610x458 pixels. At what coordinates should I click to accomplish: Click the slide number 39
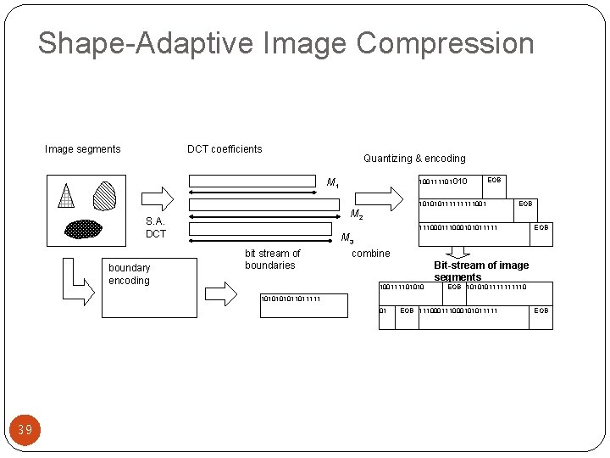pyautogui.click(x=25, y=430)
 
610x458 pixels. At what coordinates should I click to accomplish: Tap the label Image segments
pyautogui.click(x=82, y=149)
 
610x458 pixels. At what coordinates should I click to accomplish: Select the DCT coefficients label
pyautogui.click(x=225, y=149)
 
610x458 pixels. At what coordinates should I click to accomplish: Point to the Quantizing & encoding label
pyautogui.click(x=414, y=159)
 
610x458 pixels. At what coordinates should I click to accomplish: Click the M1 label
pyautogui.click(x=334, y=182)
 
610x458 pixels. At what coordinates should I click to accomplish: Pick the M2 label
pyautogui.click(x=357, y=214)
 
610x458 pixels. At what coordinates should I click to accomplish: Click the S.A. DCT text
pyautogui.click(x=156, y=227)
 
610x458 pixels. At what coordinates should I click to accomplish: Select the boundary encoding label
pyautogui.click(x=129, y=274)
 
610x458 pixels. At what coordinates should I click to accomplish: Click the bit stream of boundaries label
pyautogui.click(x=272, y=259)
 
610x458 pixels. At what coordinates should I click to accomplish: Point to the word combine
pyautogui.click(x=370, y=254)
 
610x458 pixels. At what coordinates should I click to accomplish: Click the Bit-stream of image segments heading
pyautogui.click(x=480, y=271)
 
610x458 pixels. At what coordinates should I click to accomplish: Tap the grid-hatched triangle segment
pyautogui.click(x=67, y=197)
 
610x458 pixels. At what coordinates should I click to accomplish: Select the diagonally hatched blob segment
pyautogui.click(x=104, y=196)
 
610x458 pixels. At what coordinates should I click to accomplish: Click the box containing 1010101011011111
pyautogui.click(x=303, y=304)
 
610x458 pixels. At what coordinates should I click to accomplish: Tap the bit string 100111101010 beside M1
pyautogui.click(x=444, y=181)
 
